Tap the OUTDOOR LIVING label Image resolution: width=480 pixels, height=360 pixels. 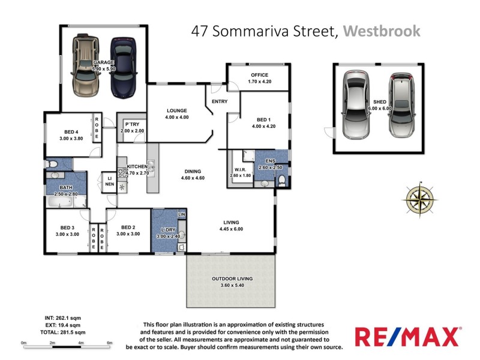(232, 279)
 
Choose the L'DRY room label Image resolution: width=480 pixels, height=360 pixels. (167, 230)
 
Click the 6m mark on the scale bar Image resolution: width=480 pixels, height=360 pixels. (109, 343)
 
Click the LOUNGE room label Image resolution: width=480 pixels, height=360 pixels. (178, 110)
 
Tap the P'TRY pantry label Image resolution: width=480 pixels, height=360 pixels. (132, 125)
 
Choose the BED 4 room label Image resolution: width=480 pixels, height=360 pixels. (72, 132)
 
